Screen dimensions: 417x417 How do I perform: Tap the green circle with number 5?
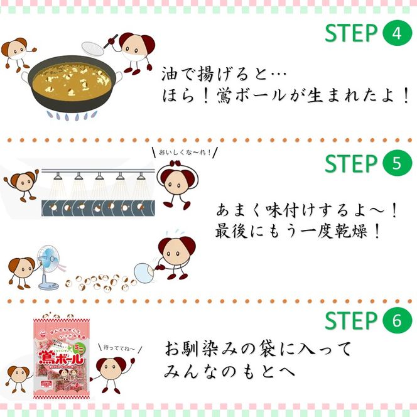tap(396, 163)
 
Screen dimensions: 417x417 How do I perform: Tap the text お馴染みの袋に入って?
tap(258, 348)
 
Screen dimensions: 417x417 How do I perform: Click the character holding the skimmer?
tap(136, 51)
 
